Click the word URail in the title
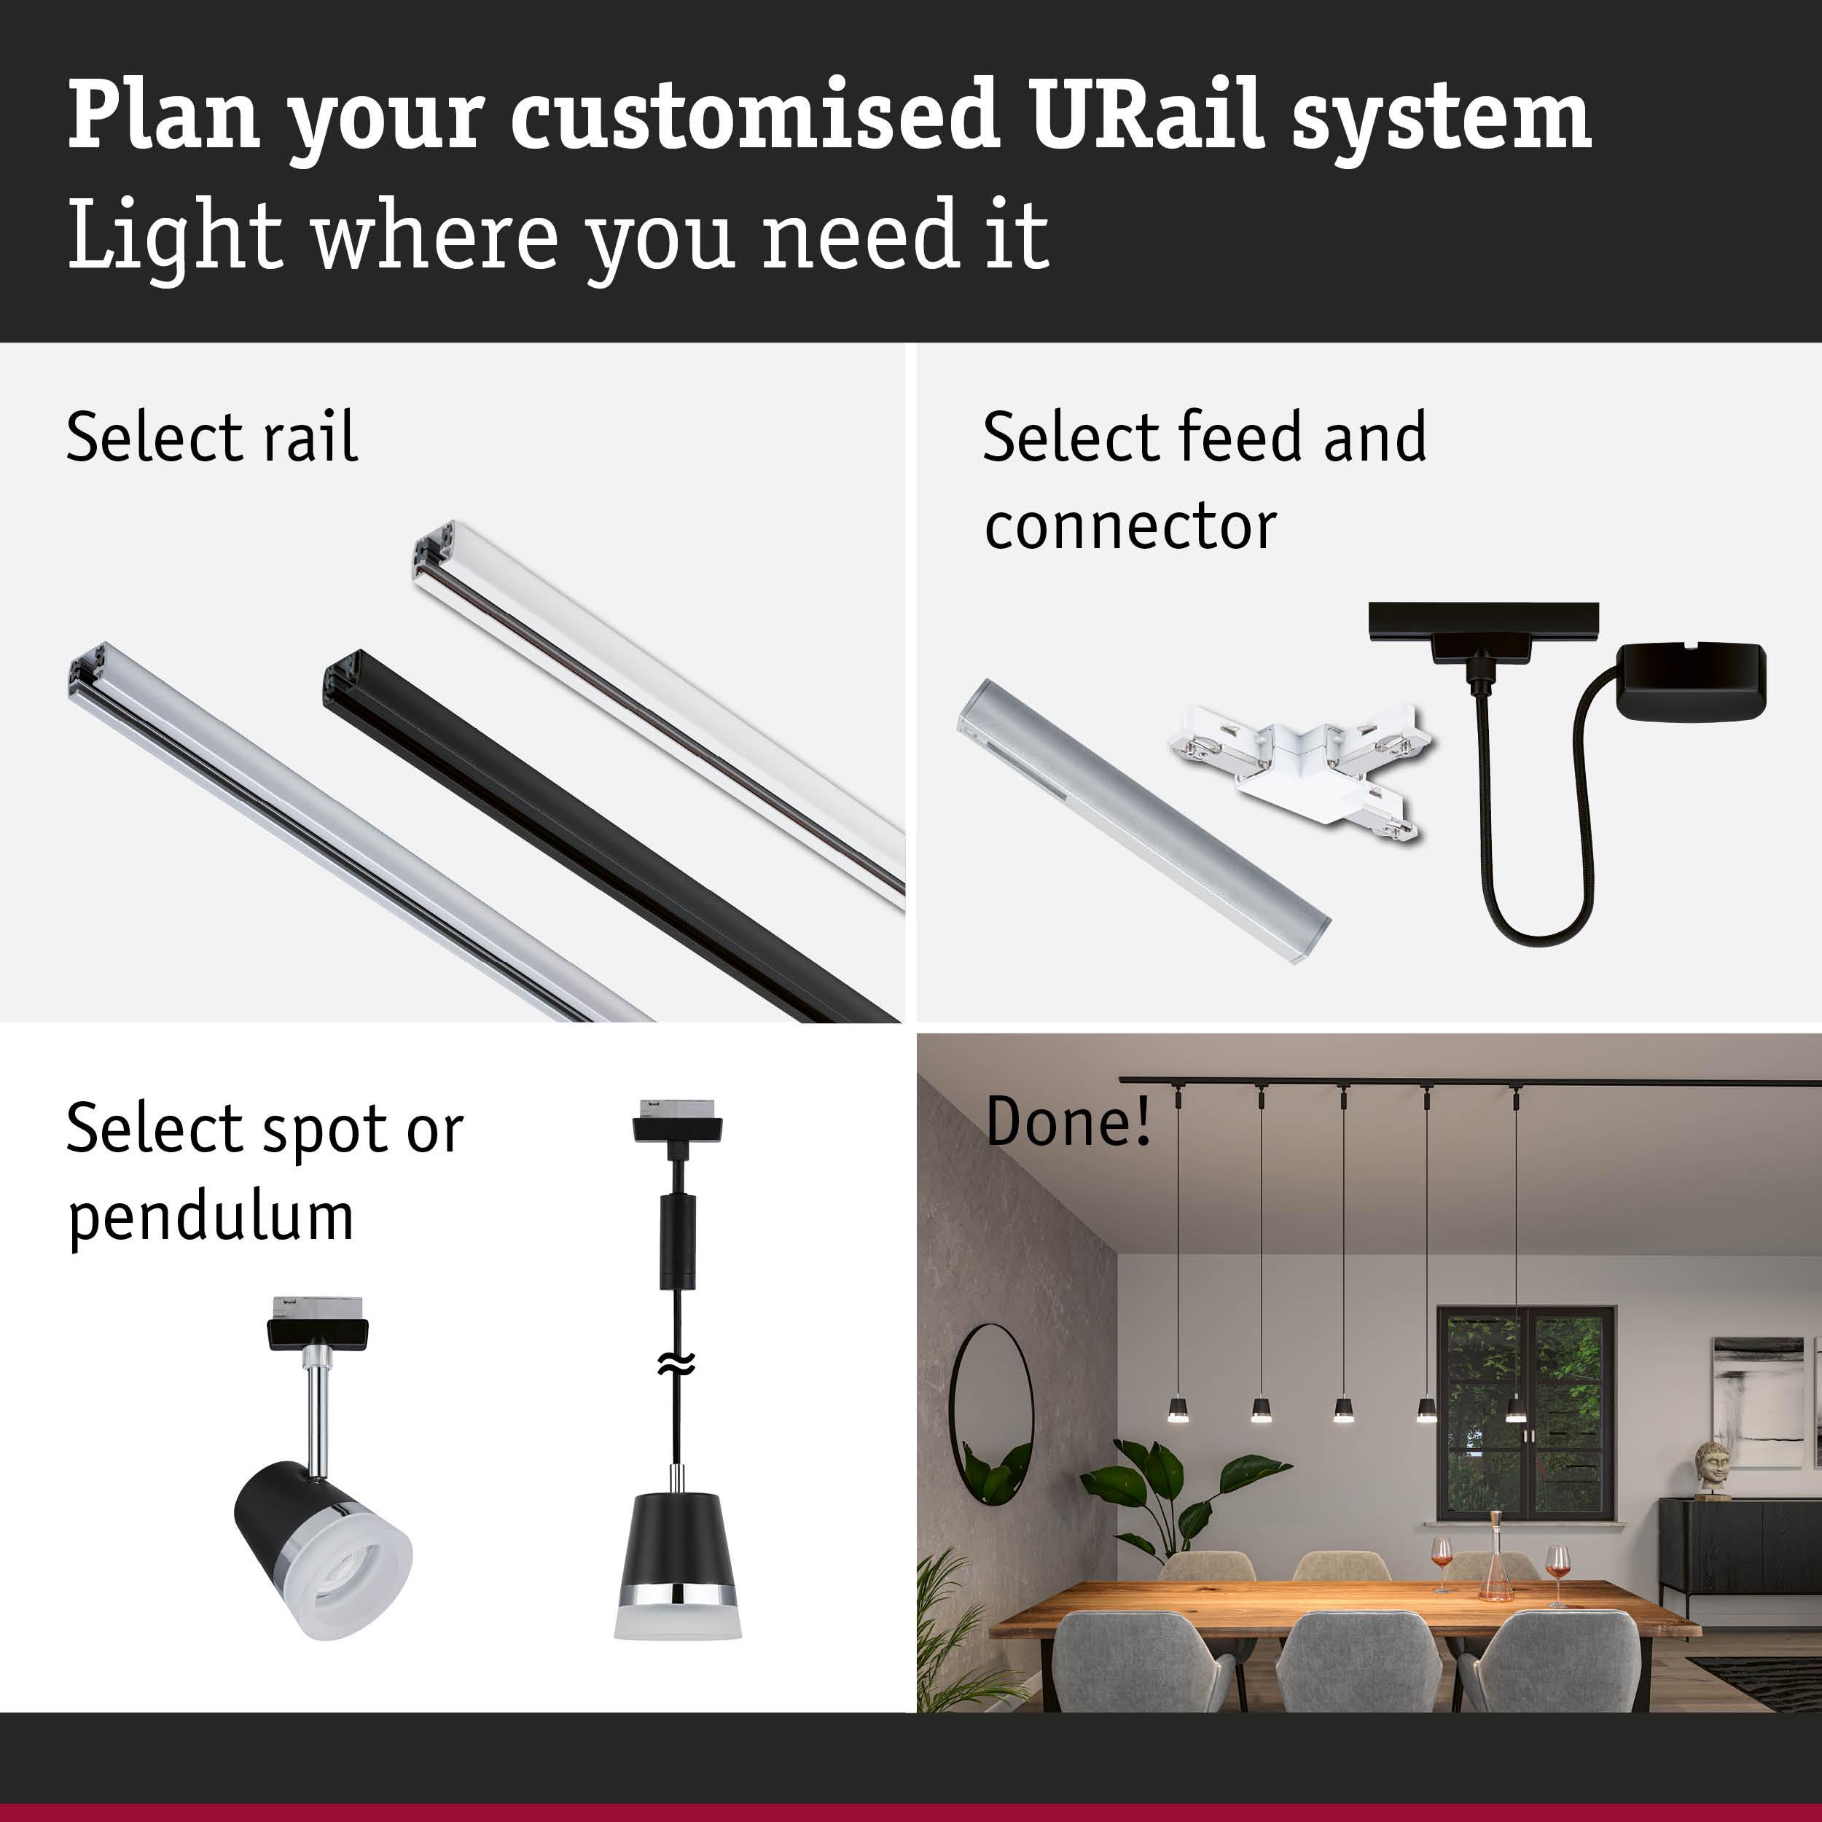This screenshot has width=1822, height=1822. coord(1146,116)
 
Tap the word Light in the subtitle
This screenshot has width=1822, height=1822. coord(174,235)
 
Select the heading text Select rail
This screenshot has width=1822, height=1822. coord(211,439)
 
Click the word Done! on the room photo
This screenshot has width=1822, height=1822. coord(1068,1122)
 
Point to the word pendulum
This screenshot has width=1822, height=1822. coord(211,1219)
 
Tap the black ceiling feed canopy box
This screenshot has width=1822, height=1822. coord(1690,682)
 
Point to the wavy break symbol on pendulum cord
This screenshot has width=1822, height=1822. coord(677,1362)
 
